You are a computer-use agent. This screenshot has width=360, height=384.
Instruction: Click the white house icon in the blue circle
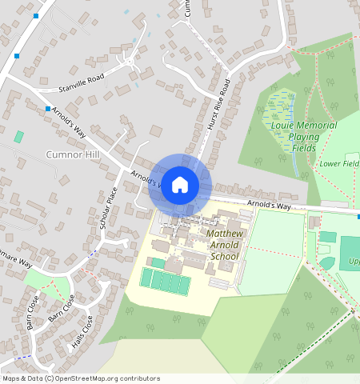pyautogui.click(x=180, y=185)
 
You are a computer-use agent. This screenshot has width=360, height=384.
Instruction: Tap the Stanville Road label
pyautogui.click(x=82, y=80)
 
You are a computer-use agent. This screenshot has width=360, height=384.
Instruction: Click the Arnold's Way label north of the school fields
pyautogui.click(x=269, y=206)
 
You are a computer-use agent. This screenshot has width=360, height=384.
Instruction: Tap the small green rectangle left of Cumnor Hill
pyautogui.click(x=18, y=137)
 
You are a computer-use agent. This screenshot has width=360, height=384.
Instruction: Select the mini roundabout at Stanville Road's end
pyautogui.click(x=130, y=61)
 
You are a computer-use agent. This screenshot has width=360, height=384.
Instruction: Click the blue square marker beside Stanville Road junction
pyautogui.click(x=48, y=109)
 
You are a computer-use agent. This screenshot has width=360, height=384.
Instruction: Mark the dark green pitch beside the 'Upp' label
pyautogui.click(x=350, y=252)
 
